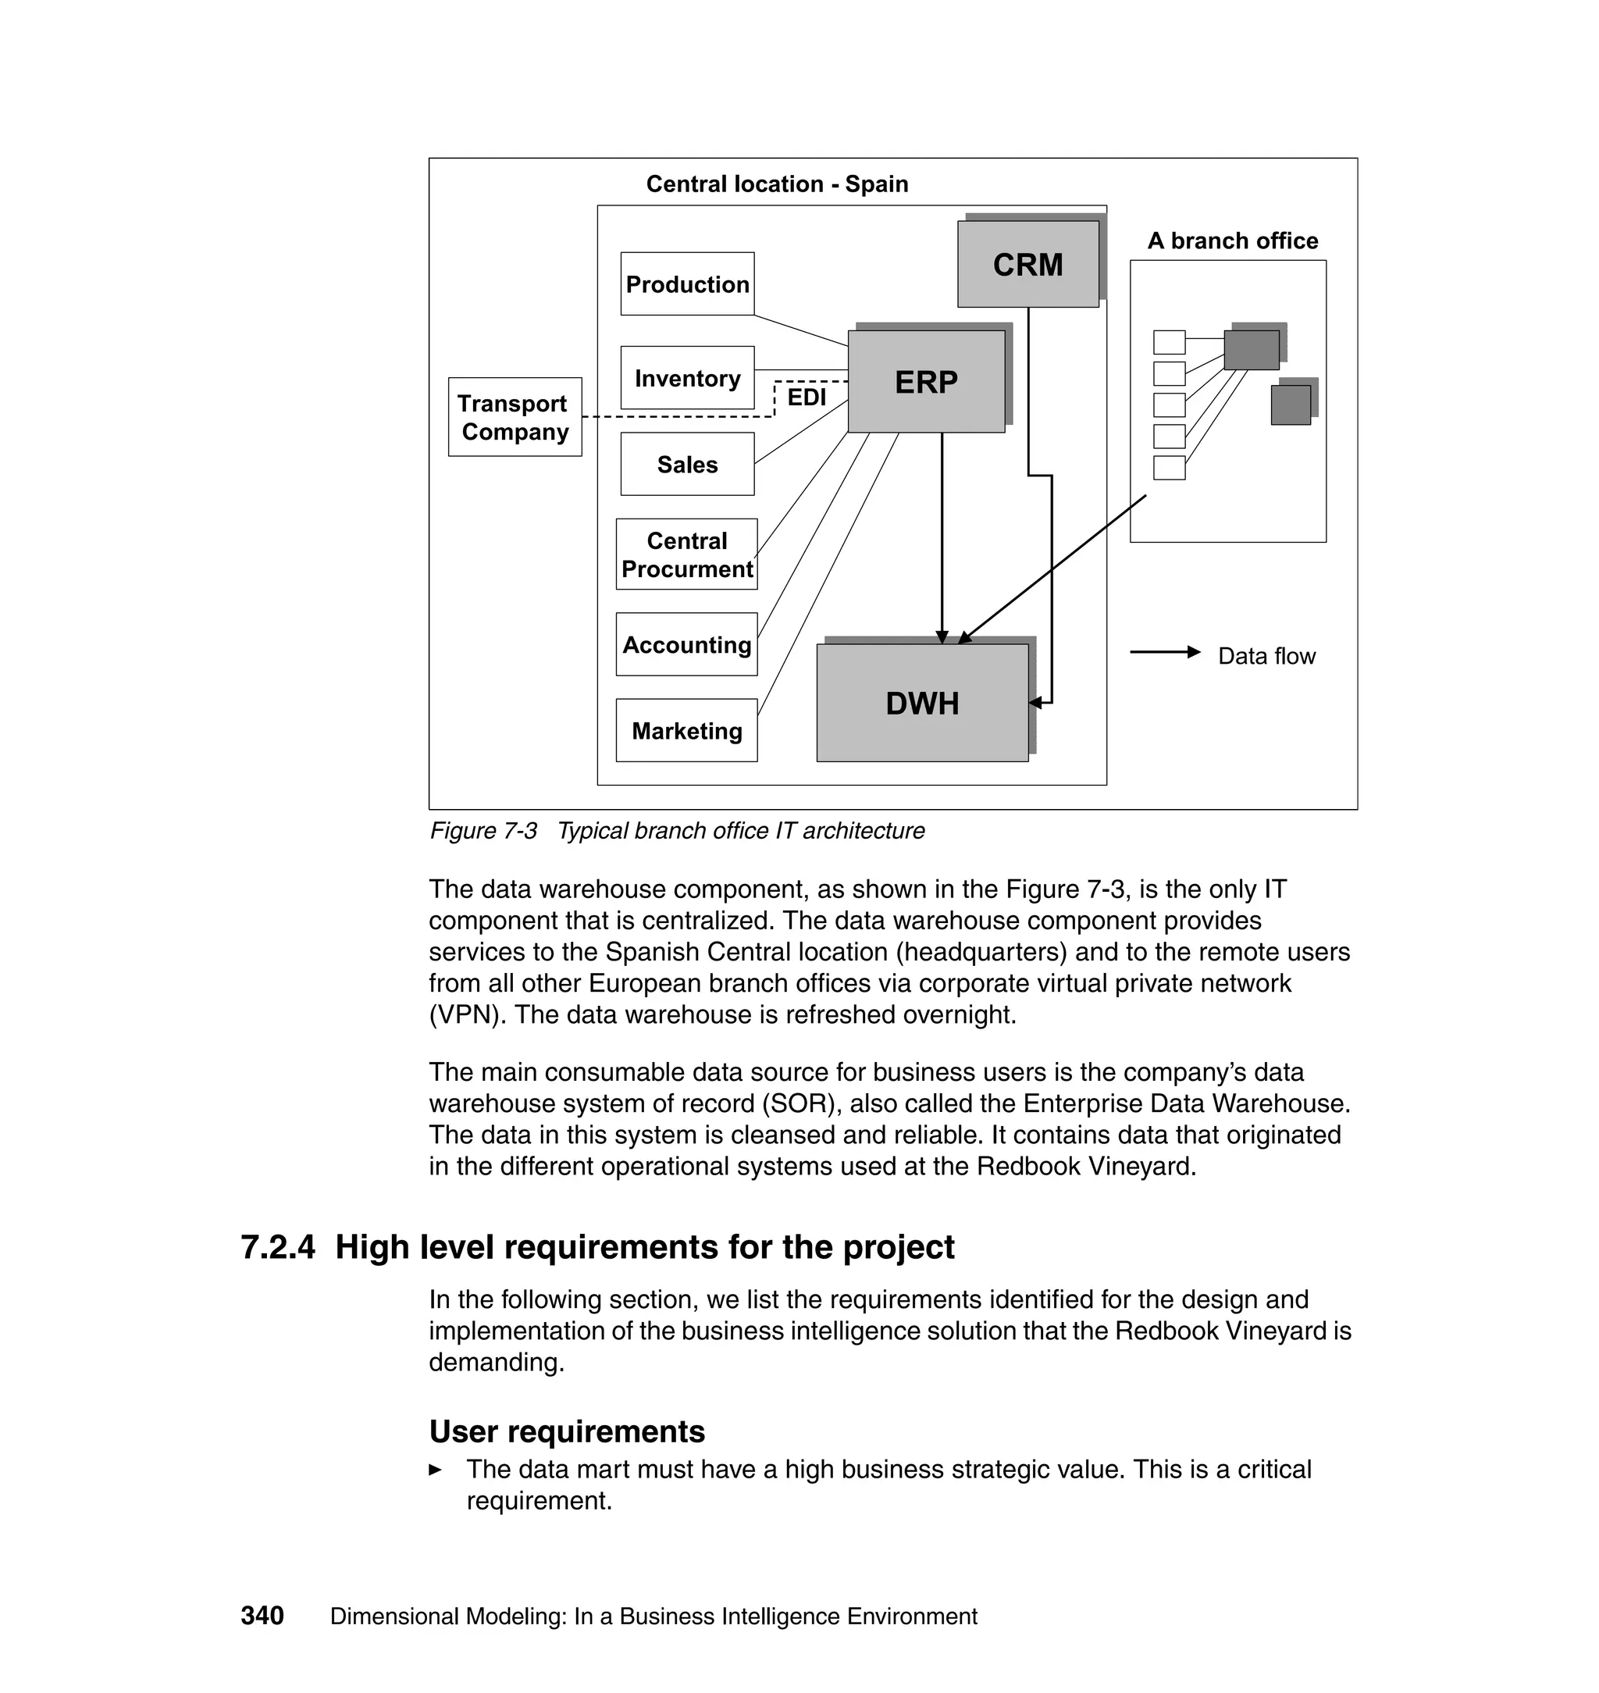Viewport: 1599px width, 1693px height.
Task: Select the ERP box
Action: tap(926, 381)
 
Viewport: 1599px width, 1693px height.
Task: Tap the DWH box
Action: tap(921, 704)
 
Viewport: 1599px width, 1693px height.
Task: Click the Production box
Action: tap(687, 284)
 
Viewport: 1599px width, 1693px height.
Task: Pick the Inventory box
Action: tap(687, 378)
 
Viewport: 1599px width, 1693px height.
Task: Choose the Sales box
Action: tap(687, 464)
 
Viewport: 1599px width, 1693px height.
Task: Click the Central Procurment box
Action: tap(686, 554)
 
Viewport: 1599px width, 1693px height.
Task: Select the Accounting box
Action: tap(686, 644)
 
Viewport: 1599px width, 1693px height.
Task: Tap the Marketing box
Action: tap(686, 731)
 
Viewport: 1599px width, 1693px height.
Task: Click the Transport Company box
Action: tap(515, 417)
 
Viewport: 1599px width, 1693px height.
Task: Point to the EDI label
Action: tap(807, 397)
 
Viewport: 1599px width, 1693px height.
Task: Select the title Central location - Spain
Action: tap(777, 184)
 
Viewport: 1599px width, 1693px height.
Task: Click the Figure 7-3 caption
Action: tap(677, 830)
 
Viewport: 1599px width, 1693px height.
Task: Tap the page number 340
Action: tap(262, 1616)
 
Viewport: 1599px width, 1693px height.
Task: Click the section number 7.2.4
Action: tap(278, 1247)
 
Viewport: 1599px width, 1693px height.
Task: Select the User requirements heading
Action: tap(567, 1432)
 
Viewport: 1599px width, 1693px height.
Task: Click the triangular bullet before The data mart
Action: tap(435, 1470)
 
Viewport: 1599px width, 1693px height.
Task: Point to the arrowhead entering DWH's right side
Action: tap(1035, 704)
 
